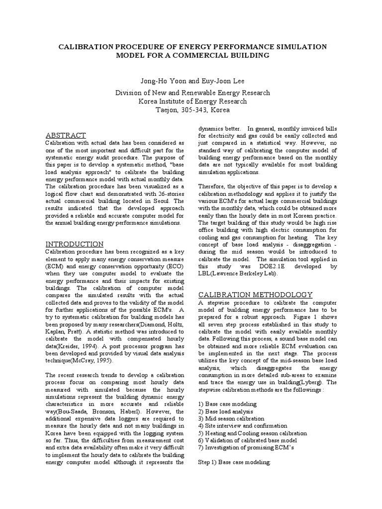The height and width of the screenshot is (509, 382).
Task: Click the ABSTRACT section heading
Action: tap(66, 135)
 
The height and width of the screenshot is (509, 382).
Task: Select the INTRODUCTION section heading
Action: tap(75, 244)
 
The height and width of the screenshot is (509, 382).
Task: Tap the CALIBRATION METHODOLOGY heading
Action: tap(256, 294)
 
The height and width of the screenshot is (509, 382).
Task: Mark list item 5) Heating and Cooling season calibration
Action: tap(253, 433)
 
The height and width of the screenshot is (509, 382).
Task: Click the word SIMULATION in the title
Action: tap(298, 46)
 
